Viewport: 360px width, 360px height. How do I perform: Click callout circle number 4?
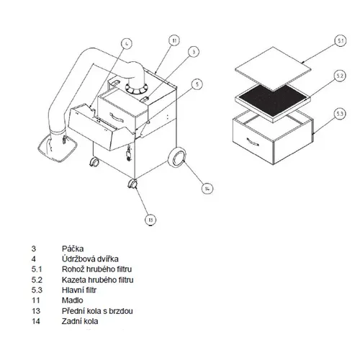point(127,44)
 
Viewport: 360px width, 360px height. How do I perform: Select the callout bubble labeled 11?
point(174,40)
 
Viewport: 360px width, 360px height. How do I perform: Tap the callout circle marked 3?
point(194,51)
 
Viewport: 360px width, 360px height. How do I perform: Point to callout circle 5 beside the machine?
point(197,84)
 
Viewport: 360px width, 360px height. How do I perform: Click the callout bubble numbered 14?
point(207,189)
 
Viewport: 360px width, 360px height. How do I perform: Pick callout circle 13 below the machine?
point(150,220)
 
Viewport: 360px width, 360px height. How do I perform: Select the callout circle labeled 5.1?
point(341,41)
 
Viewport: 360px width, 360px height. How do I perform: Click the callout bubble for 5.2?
point(340,76)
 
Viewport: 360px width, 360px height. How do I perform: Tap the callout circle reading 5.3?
point(340,114)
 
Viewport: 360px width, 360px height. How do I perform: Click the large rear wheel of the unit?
point(178,157)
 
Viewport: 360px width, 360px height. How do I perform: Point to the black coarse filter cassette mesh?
point(274,99)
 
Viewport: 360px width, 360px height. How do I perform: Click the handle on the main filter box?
point(253,142)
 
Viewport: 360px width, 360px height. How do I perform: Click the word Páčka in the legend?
point(73,248)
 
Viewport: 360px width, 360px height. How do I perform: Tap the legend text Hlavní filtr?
point(79,290)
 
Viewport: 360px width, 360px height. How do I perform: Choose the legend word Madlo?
point(73,300)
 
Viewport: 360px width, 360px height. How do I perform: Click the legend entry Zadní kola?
point(80,321)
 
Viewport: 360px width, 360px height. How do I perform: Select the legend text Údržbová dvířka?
point(90,258)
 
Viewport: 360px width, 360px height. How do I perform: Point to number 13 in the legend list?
point(36,311)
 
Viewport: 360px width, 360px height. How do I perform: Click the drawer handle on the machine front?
point(117,117)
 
